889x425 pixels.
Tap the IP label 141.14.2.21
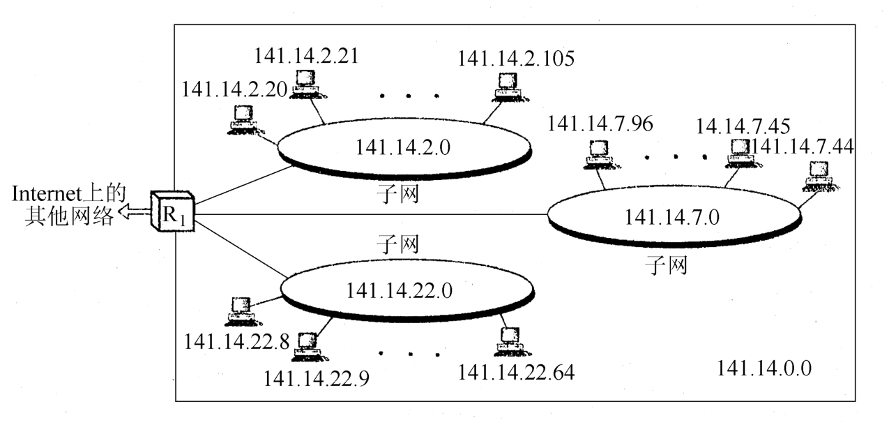tap(306, 56)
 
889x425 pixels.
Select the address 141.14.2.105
tap(516, 58)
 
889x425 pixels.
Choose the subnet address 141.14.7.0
tap(672, 216)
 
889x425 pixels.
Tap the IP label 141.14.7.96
tap(601, 123)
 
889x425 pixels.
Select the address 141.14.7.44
tap(802, 146)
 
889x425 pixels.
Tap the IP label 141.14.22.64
tap(516, 372)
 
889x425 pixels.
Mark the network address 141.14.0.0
tap(764, 368)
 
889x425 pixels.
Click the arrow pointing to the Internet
tap(133, 213)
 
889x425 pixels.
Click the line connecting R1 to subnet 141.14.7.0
tap(370, 214)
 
